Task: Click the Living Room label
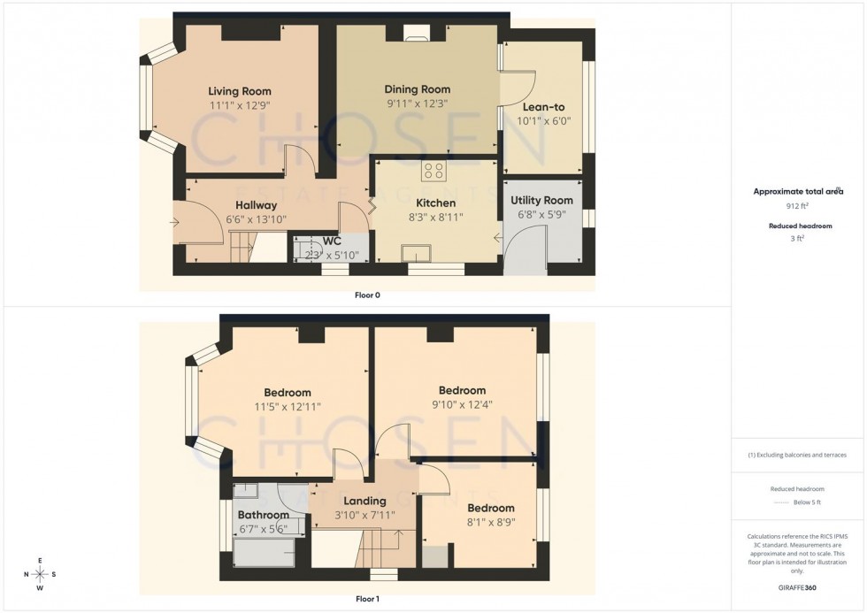coord(239,91)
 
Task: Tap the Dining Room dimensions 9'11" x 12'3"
coord(417,103)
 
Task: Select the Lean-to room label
coord(543,107)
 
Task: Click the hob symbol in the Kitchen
coord(433,171)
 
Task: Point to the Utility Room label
coord(541,201)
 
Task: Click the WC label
coord(332,241)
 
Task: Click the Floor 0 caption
coord(366,295)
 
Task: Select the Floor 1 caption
coord(366,599)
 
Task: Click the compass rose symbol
coord(41,574)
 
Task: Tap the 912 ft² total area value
coord(798,206)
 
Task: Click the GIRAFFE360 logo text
coord(797,587)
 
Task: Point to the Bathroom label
coord(263,515)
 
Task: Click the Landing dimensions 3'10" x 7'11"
coord(364,515)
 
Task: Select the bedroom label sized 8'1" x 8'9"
coord(491,508)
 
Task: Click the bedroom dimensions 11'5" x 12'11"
coord(287,407)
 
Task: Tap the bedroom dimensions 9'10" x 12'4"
coord(462,404)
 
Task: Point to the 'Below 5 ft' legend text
coord(807,502)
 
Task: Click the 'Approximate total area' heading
coord(798,191)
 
